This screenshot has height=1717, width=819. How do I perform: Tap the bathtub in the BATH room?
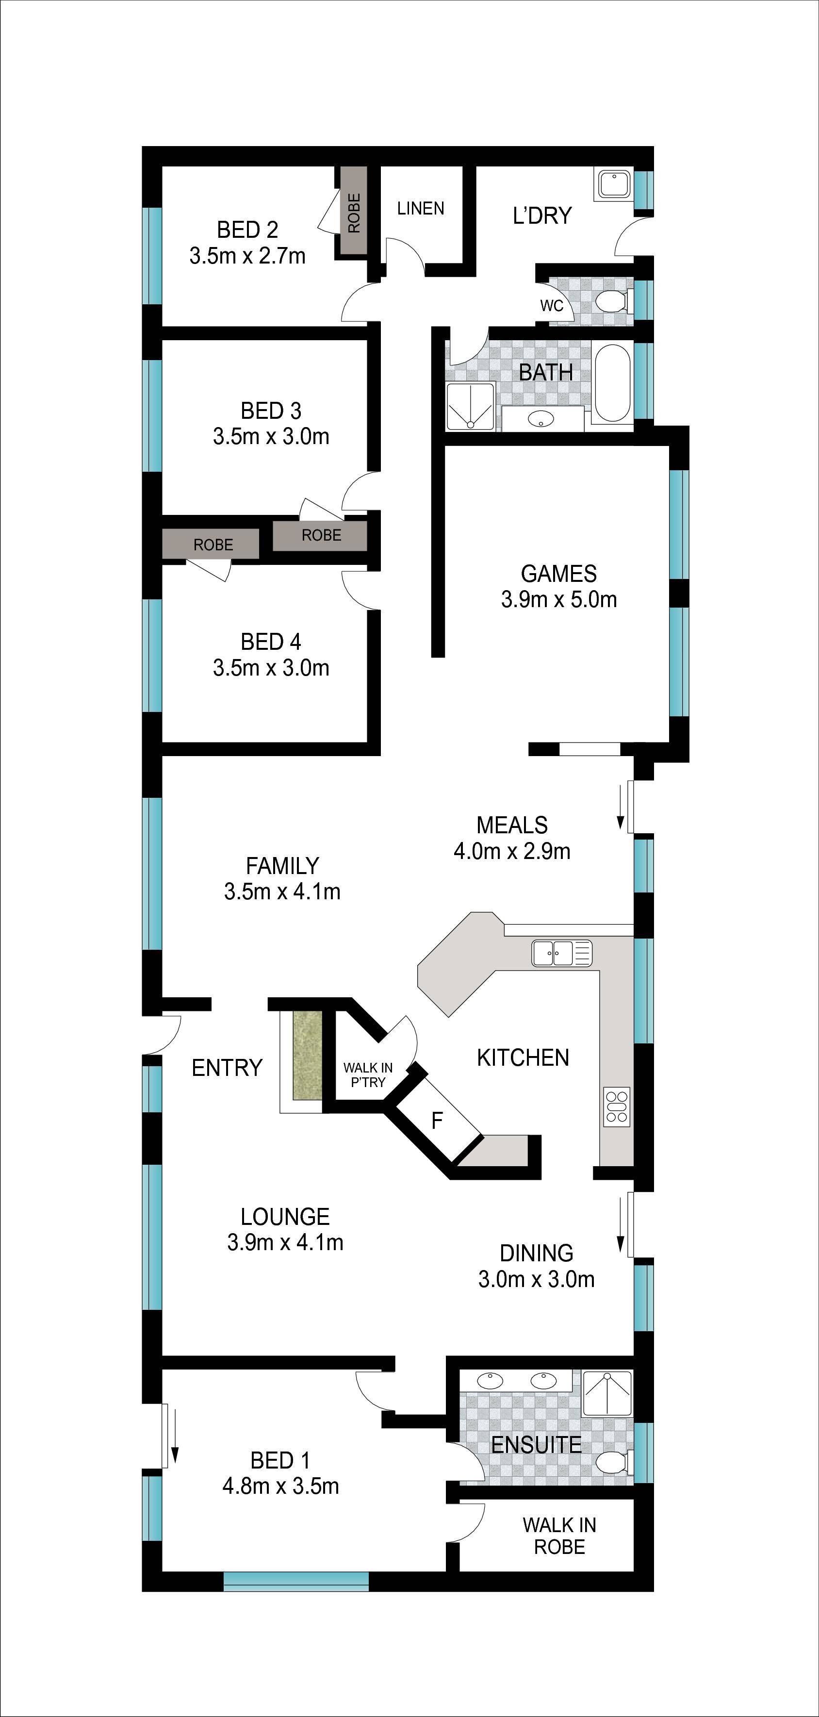[x=612, y=382]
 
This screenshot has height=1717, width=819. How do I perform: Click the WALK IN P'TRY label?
[x=368, y=1074]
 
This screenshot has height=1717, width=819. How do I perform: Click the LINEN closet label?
[x=421, y=209]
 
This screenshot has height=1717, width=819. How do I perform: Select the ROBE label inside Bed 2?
[x=354, y=212]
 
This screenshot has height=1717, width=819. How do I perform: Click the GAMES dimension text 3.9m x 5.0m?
[x=558, y=599]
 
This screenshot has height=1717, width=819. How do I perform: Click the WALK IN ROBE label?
[x=559, y=1535]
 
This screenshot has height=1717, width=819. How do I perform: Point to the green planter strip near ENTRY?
[x=307, y=1055]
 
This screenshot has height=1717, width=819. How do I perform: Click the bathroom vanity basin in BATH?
[x=541, y=419]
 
